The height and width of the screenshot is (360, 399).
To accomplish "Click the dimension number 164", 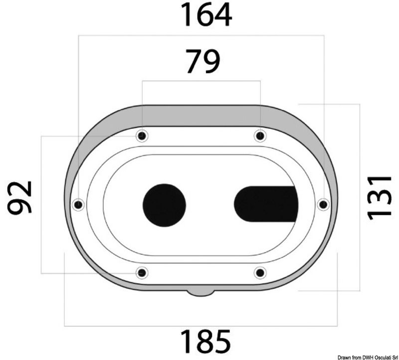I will (x=206, y=15).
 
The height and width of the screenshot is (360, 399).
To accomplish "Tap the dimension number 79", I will (x=202, y=62).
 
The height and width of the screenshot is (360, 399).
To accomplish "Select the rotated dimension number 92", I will (x=20, y=197).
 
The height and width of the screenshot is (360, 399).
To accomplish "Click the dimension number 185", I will (x=205, y=342).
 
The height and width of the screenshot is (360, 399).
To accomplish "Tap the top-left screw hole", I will (x=143, y=136).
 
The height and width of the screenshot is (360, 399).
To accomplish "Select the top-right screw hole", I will (x=259, y=136).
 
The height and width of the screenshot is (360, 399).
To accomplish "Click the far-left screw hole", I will (x=78, y=204).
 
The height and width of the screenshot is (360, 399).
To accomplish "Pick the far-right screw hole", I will (x=323, y=204).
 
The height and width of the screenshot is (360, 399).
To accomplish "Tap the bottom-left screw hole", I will (x=142, y=273).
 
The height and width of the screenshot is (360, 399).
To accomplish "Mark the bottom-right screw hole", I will (x=260, y=273).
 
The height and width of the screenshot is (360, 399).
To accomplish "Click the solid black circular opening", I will (x=164, y=204).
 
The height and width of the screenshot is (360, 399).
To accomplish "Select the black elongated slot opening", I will (x=266, y=204).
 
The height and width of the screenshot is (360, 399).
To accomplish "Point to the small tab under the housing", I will (x=201, y=292).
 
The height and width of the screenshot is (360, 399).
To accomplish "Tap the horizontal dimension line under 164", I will (x=201, y=35).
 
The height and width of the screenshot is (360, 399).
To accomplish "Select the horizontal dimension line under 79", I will (x=201, y=81).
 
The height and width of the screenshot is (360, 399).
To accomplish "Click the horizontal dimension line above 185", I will (x=201, y=326).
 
